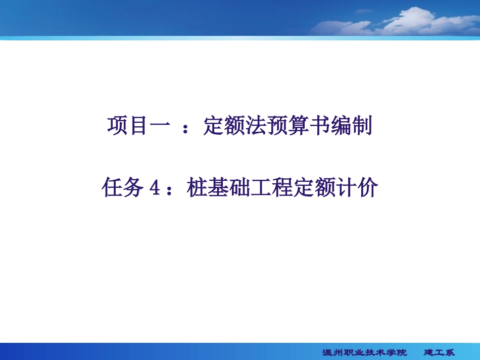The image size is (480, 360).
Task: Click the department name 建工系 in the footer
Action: click(439, 352)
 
